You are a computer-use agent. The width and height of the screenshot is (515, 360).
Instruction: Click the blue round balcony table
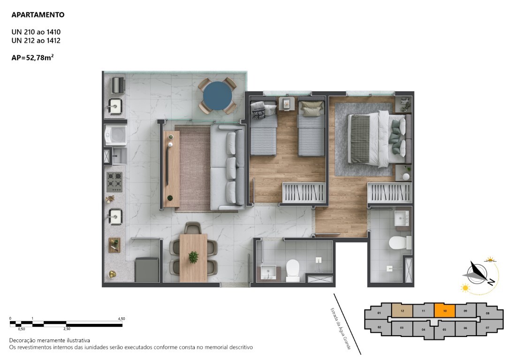(218, 96)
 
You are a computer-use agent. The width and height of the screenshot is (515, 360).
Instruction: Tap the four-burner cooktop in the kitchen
(114, 182)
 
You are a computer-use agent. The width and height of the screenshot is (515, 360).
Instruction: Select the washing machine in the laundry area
(115, 135)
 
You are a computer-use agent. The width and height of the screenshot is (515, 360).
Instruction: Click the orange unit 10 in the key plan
(445, 310)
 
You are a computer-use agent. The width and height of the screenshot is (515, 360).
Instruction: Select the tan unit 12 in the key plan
(402, 310)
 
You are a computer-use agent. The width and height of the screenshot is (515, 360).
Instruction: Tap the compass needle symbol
(478, 273)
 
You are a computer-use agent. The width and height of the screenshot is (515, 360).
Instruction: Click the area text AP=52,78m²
(32, 58)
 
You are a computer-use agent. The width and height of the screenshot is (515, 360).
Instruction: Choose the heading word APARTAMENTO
(38, 15)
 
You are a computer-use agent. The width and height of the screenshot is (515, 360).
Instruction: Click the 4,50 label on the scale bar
(121, 318)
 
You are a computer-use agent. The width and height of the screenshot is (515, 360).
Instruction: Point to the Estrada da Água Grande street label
(341, 328)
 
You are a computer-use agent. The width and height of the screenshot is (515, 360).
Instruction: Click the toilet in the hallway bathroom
(292, 270)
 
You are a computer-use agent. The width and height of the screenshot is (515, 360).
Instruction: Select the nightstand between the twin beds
(287, 104)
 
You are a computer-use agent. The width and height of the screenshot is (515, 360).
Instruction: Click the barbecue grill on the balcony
(118, 85)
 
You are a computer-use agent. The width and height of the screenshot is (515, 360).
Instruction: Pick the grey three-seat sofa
(227, 167)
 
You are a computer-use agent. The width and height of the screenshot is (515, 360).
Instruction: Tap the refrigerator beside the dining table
(147, 270)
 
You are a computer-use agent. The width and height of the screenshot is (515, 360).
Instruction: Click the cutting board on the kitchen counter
(114, 245)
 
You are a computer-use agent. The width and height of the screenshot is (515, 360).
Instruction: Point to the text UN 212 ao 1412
(36, 40)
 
